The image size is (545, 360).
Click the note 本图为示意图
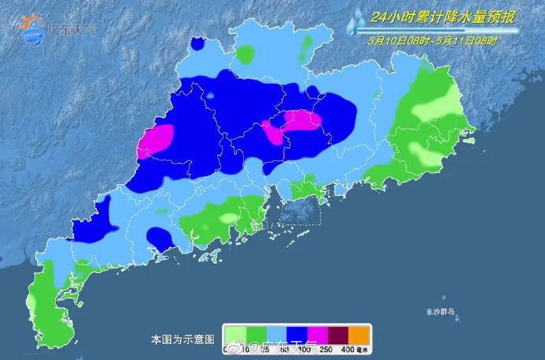pos(182,339)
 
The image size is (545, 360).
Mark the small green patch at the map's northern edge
pos(247,54)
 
